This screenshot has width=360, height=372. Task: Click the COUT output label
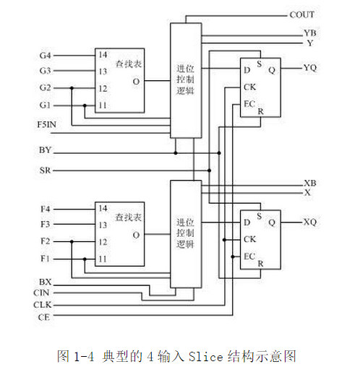tap(301, 14)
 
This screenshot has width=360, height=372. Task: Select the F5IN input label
tap(46, 124)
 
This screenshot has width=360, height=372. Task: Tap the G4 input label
tap(45, 56)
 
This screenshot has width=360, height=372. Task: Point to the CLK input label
tap(43, 305)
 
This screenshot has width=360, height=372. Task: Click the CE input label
tap(43, 317)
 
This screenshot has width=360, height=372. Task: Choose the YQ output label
tap(310, 68)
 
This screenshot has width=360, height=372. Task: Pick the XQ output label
tap(310, 222)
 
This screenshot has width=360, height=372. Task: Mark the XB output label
tap(310, 183)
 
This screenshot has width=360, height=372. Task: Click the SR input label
tap(45, 170)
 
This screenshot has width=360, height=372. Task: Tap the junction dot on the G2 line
tap(72, 88)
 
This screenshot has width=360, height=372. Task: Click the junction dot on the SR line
tap(209, 170)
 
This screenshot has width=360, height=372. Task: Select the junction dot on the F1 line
tap(85, 259)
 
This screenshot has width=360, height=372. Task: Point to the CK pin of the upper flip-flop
tap(249, 87)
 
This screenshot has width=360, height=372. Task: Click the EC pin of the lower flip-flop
tap(249, 256)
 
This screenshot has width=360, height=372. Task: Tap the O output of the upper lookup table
tap(136, 82)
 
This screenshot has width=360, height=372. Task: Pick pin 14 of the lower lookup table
tap(103, 208)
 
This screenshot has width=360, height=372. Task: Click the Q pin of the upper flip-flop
tap(272, 70)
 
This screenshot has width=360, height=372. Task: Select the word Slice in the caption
tap(206, 356)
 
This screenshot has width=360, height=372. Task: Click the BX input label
tap(45, 282)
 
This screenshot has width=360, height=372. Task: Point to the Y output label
tap(310, 43)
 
